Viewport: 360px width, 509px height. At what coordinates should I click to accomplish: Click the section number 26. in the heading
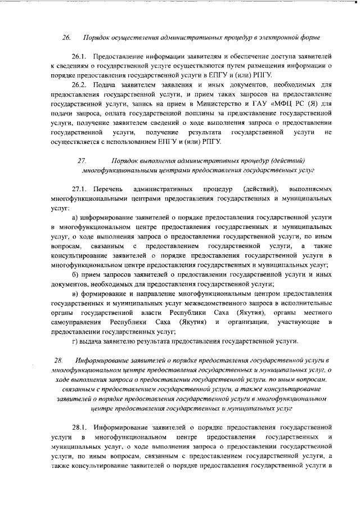click(66, 38)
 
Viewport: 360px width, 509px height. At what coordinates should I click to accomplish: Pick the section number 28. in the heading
click(58, 359)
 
